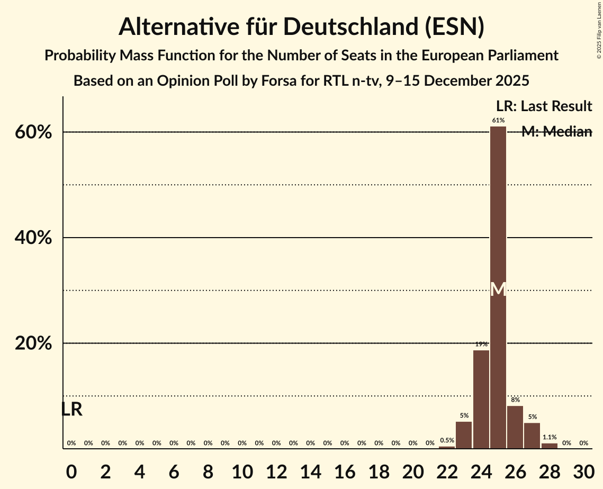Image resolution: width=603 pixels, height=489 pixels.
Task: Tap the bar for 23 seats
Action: click(x=464, y=435)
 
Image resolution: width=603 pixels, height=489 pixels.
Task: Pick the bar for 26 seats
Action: click(x=515, y=427)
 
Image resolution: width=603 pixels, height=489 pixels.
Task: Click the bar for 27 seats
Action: click(x=532, y=436)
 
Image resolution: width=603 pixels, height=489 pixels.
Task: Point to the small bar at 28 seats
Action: click(x=550, y=446)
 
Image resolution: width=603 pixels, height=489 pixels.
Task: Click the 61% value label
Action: click(x=498, y=120)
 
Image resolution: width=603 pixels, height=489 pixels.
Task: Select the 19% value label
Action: click(x=481, y=344)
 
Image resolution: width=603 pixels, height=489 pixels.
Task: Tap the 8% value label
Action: click(x=515, y=400)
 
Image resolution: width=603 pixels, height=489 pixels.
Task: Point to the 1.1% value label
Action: click(x=550, y=437)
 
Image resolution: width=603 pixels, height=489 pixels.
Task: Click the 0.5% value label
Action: click(x=447, y=440)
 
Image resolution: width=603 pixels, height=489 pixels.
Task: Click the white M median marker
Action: click(x=498, y=289)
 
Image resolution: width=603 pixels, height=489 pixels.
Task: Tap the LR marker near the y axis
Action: click(x=71, y=409)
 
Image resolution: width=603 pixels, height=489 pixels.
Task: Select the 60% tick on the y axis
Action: click(x=33, y=132)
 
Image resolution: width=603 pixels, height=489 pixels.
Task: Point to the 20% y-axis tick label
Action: click(x=33, y=343)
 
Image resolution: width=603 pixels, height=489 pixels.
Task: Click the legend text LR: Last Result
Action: click(x=544, y=106)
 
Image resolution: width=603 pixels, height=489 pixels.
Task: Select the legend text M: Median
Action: click(x=556, y=132)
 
